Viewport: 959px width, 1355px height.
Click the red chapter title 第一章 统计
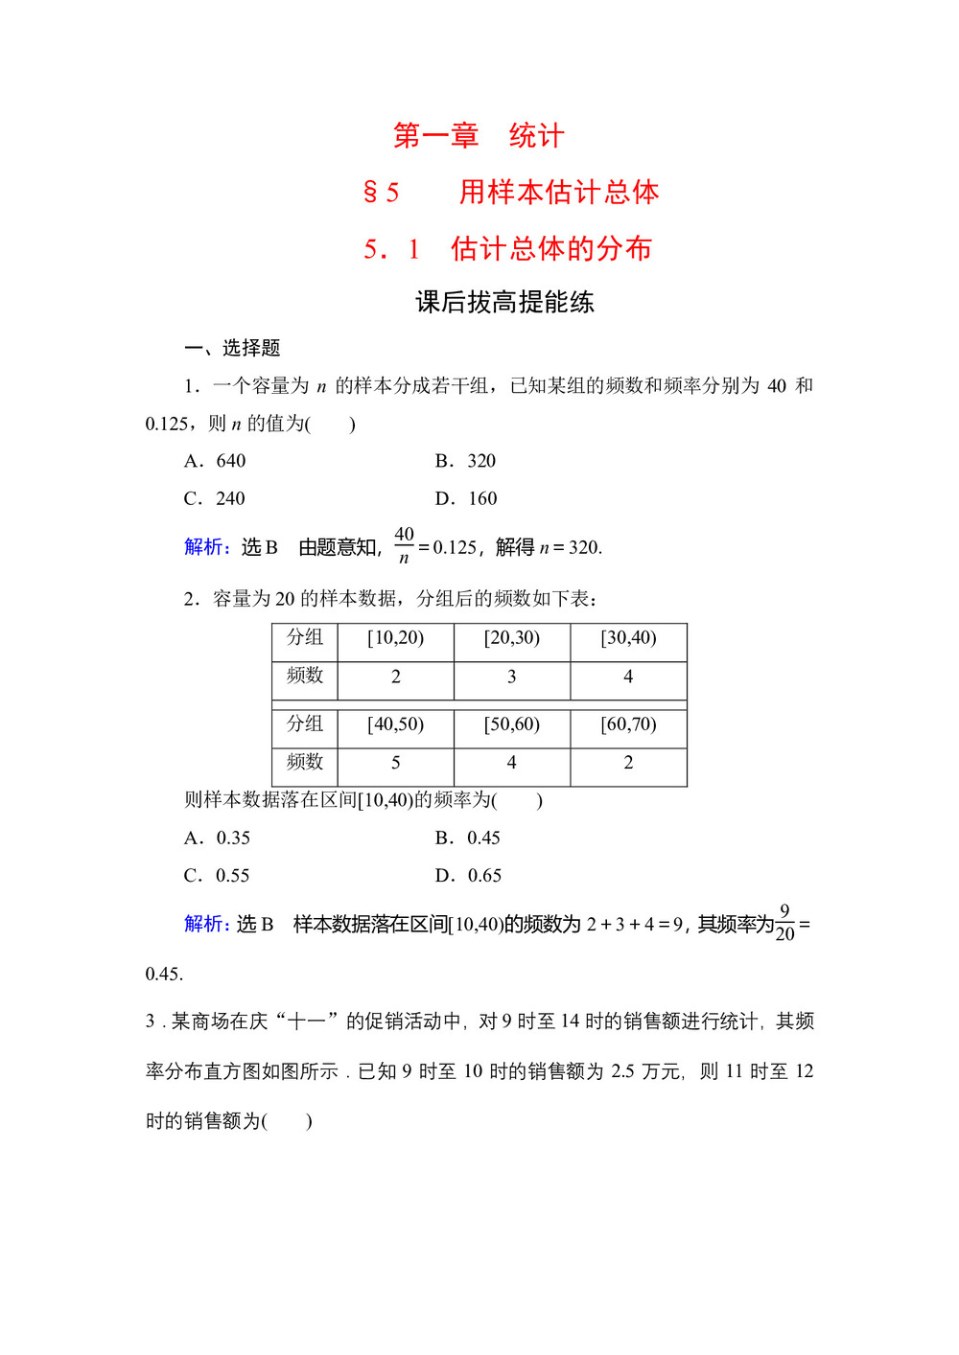coord(479,136)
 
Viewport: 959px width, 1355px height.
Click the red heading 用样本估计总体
coord(558,193)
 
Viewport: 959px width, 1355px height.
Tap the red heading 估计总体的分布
coord(551,249)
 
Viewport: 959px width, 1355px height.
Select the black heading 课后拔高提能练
coord(504,303)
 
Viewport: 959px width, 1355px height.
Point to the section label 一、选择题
coord(232,348)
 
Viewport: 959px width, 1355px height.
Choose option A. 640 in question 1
coord(216,461)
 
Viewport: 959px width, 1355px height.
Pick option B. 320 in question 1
coord(466,461)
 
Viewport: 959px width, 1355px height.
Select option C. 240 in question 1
coord(216,498)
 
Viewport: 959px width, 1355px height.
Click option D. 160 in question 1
coord(467,498)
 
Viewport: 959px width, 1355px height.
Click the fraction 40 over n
coord(404,545)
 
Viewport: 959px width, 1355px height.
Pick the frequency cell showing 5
coord(395,763)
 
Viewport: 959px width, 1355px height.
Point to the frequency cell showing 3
coord(511,677)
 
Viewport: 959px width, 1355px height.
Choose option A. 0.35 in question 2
coord(218,838)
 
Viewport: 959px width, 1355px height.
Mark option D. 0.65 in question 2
coord(469,875)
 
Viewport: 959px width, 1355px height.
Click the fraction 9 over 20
coord(784,923)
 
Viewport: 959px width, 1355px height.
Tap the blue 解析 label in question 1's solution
coord(206,547)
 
